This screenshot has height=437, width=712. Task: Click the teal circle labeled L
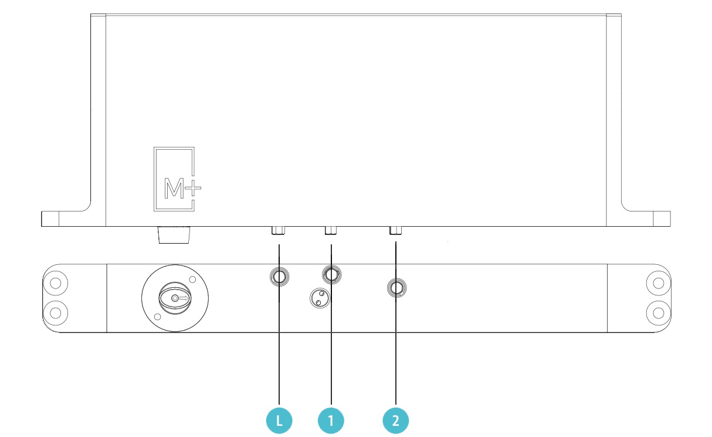[x=279, y=421]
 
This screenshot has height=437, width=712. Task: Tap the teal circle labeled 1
[x=331, y=421]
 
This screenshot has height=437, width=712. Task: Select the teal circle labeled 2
[x=396, y=421]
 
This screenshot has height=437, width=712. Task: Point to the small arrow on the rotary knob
[x=184, y=298]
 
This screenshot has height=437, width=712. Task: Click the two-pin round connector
[x=320, y=298]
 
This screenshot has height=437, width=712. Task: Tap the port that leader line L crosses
[x=279, y=277]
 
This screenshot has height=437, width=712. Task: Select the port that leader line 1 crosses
[x=331, y=274]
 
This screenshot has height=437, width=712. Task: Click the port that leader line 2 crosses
[x=396, y=288]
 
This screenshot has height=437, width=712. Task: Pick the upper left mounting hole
[x=56, y=283]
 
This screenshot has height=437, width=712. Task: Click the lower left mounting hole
[x=56, y=313]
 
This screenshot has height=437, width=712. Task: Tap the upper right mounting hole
[x=658, y=283]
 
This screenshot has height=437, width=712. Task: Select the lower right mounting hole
[x=658, y=313]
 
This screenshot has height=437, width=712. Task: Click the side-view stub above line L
[x=278, y=230]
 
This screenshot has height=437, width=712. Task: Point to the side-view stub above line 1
[x=331, y=230]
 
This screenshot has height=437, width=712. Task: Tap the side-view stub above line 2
[x=396, y=230]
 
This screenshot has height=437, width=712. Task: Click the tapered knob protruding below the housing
[x=174, y=235]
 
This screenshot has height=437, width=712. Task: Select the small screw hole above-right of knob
[x=192, y=280]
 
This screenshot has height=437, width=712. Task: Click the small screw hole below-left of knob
[x=157, y=317]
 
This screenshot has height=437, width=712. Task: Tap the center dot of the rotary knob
[x=175, y=298]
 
